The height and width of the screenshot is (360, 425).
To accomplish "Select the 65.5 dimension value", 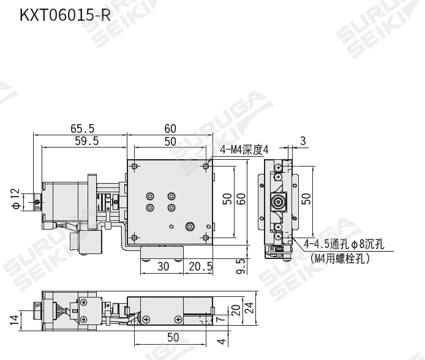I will (83, 129).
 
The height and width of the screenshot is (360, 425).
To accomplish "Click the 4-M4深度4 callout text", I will (245, 148).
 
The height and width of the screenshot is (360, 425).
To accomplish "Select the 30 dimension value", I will (163, 266).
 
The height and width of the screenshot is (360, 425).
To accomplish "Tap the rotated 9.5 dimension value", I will (241, 266).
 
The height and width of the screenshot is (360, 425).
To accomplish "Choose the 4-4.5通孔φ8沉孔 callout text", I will (344, 246).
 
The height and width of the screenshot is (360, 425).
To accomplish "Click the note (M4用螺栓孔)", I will (340, 258).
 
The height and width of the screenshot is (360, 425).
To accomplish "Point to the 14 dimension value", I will (13, 318).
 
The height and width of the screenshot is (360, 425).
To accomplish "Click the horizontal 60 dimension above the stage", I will (170, 129).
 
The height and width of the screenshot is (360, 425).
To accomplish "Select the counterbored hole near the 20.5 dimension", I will (190, 227).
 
